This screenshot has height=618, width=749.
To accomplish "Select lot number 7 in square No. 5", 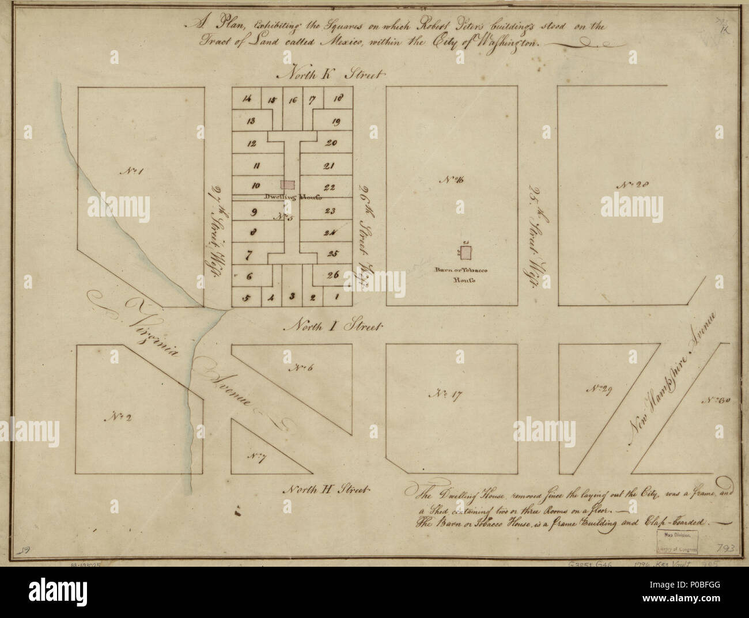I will click(x=249, y=253).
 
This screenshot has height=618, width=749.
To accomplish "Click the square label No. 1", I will click(x=127, y=171).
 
